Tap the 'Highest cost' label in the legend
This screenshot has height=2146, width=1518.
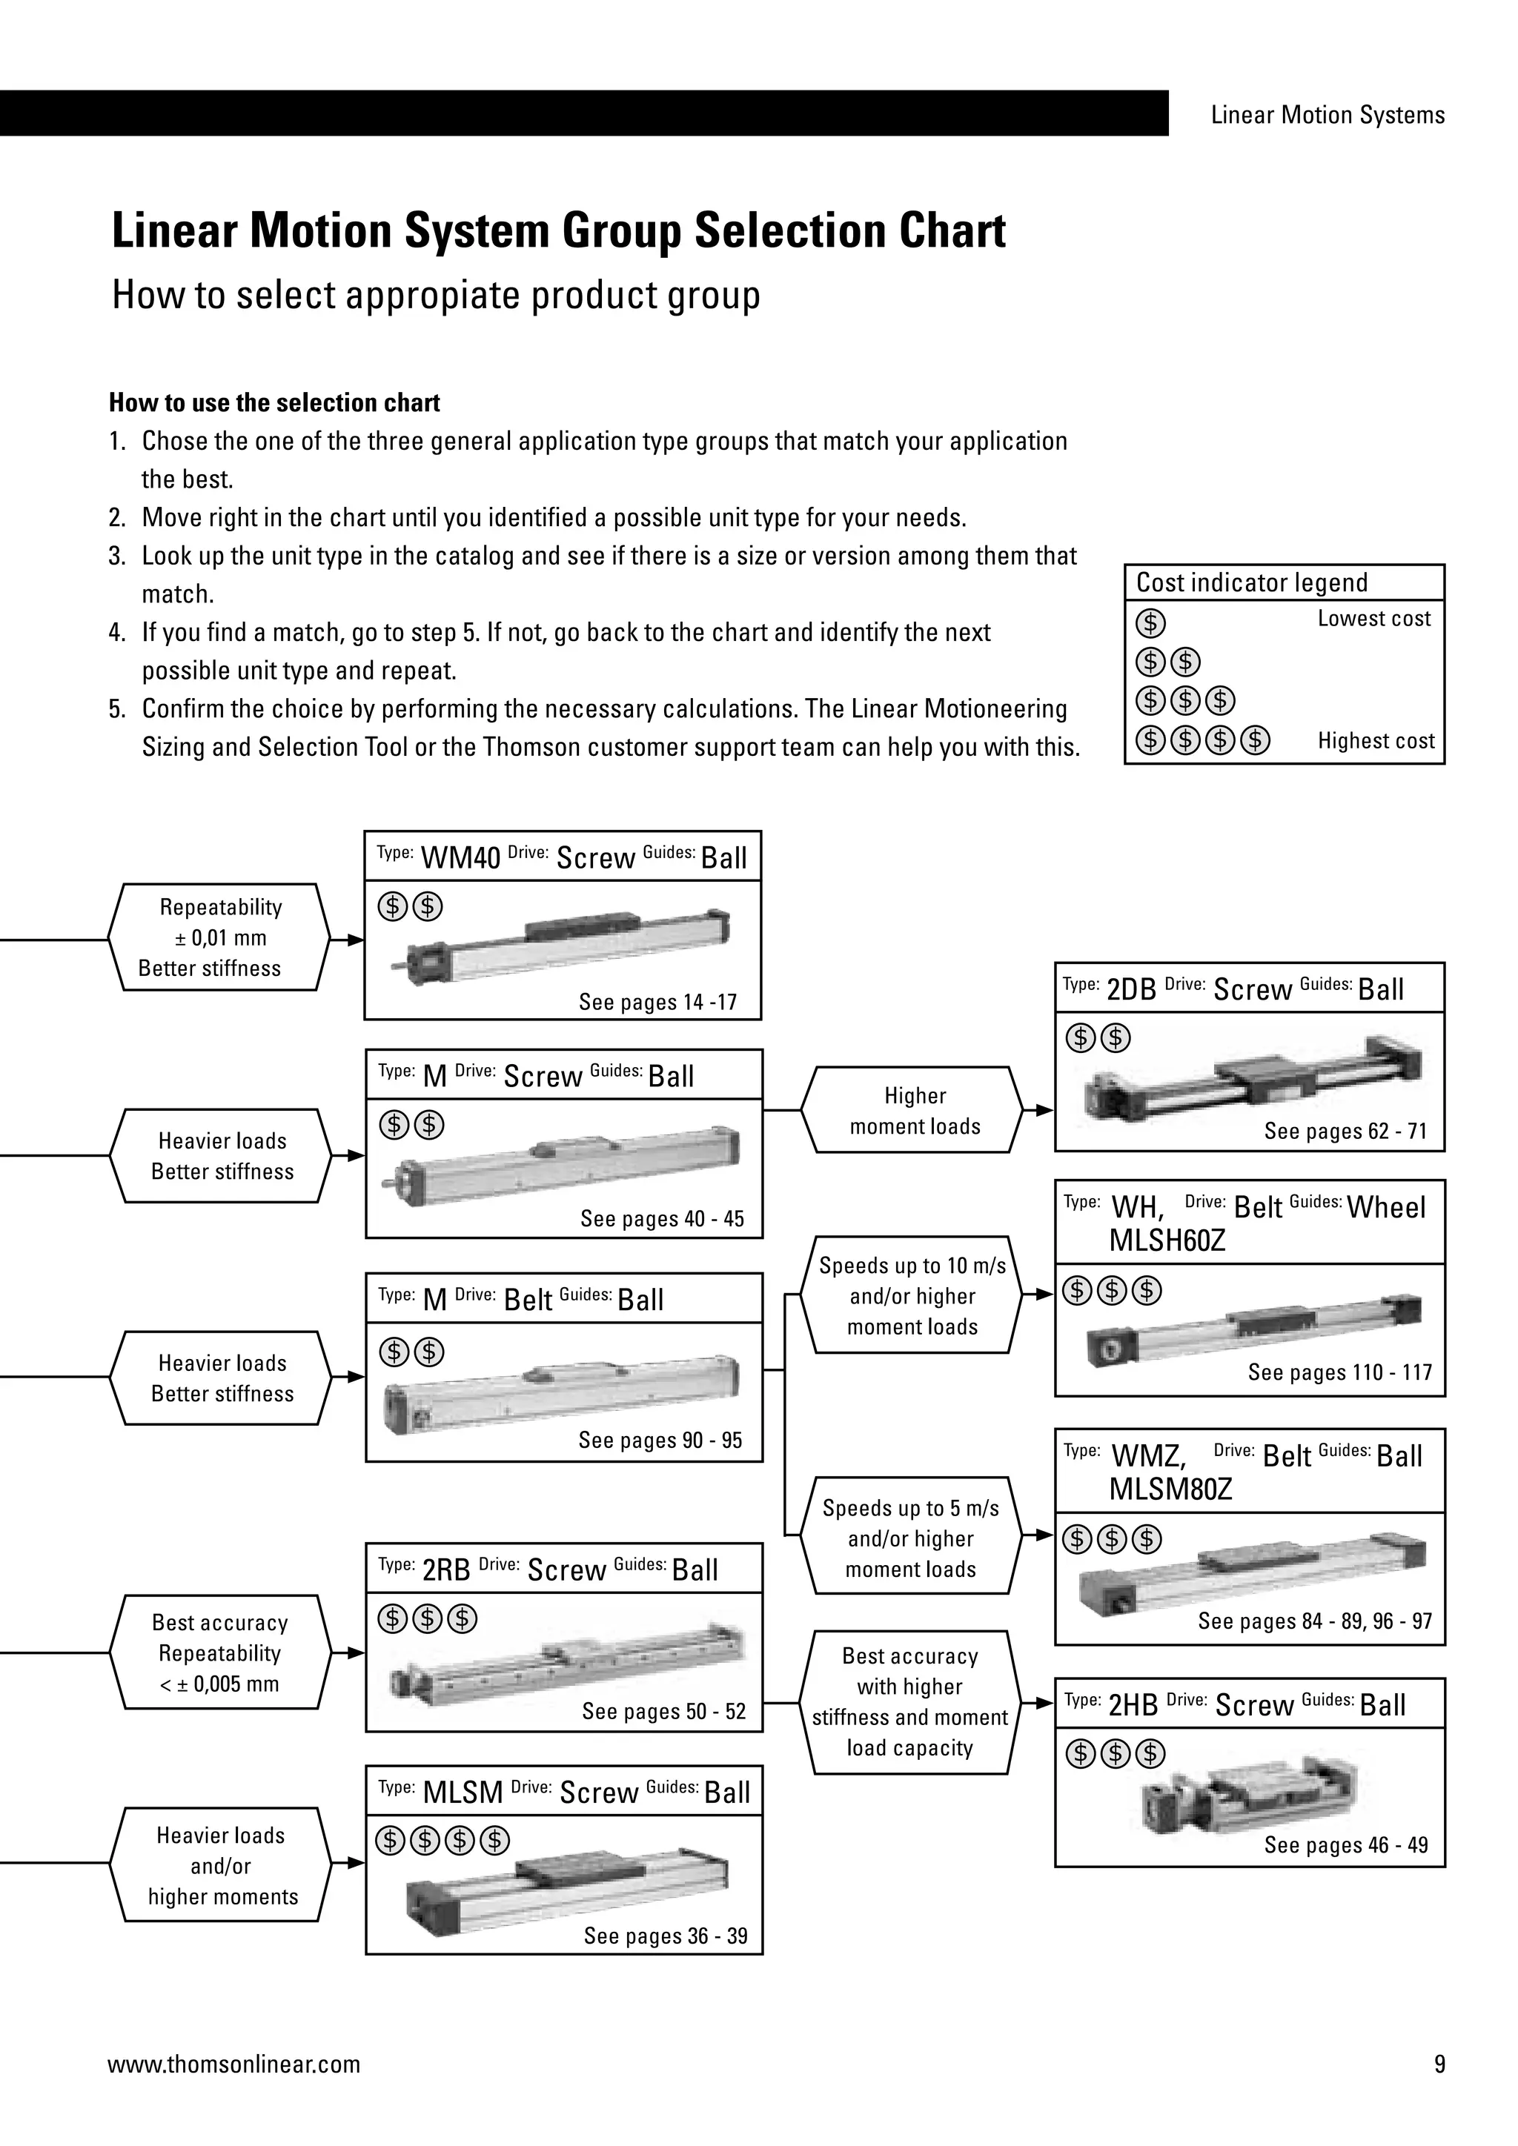point(1375,741)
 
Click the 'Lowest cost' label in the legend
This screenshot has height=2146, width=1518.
point(1373,619)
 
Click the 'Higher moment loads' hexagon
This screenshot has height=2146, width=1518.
point(914,1110)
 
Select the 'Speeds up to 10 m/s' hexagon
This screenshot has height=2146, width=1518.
point(912,1295)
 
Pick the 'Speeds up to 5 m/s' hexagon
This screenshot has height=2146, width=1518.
point(910,1538)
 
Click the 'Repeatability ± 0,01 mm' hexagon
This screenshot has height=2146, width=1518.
point(219,937)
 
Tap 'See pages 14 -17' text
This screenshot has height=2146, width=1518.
point(657,1002)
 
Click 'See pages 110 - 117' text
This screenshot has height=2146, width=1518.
point(1339,1372)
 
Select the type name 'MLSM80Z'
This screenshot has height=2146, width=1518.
point(1170,1489)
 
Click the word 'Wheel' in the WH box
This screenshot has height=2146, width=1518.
point(1385,1208)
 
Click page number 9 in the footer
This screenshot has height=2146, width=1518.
point(1439,2064)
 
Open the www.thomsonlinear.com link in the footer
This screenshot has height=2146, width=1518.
point(233,2064)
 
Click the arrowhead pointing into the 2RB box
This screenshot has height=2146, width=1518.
point(355,1652)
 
